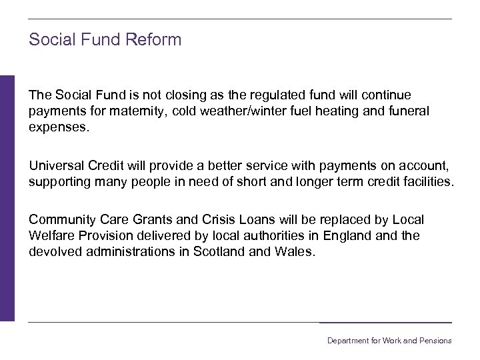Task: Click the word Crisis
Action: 229,219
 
